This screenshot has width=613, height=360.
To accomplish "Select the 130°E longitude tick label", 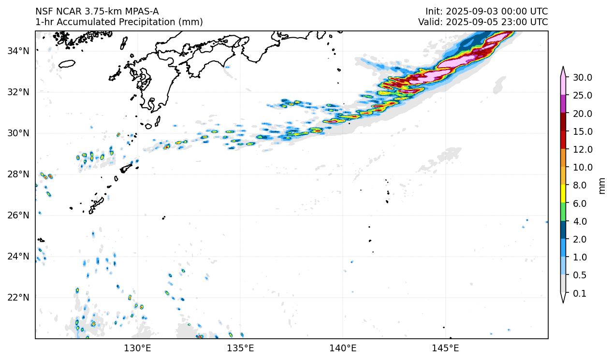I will (138, 348).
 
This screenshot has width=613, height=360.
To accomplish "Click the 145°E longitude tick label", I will (445, 348).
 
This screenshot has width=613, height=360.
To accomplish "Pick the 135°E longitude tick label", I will (240, 348).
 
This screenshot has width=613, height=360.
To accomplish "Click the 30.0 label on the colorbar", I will (583, 77).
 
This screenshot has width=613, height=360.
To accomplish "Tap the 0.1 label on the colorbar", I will (580, 293).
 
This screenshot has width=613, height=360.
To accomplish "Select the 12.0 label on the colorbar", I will (583, 149).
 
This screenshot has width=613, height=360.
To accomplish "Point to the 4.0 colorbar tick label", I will (580, 221).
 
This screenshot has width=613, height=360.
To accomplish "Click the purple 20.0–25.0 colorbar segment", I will (563, 104).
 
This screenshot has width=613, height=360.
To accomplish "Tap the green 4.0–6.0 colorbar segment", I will (563, 212).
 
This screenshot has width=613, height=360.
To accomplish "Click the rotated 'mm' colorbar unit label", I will (602, 186).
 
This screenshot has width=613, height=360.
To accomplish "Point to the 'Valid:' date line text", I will (483, 22).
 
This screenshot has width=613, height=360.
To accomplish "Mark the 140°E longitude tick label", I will (343, 348).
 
